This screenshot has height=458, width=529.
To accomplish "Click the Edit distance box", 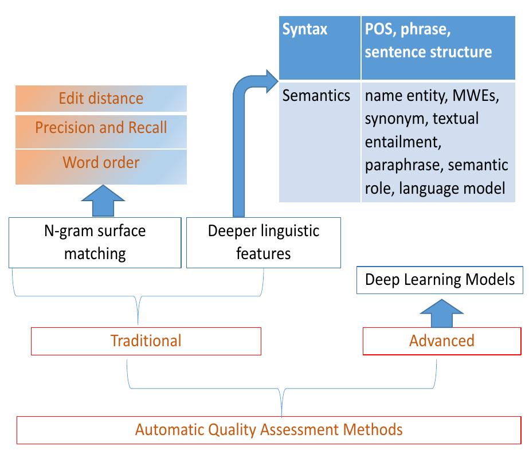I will pyautogui.click(x=101, y=99).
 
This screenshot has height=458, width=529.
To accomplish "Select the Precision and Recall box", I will pyautogui.click(x=101, y=128).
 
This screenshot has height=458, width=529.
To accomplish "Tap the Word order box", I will pyautogui.click(x=101, y=163).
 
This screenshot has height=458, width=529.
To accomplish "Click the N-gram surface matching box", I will pyautogui.click(x=95, y=242).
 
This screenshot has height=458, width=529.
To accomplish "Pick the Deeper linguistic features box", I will pyautogui.click(x=263, y=242).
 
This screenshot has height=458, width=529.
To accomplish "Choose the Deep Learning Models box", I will pyautogui.click(x=440, y=280).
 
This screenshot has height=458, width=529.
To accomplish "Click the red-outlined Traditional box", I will pyautogui.click(x=146, y=341).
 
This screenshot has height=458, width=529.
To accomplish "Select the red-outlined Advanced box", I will pyautogui.click(x=441, y=341).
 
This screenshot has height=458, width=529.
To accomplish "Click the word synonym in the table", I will pyautogui.click(x=395, y=119).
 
